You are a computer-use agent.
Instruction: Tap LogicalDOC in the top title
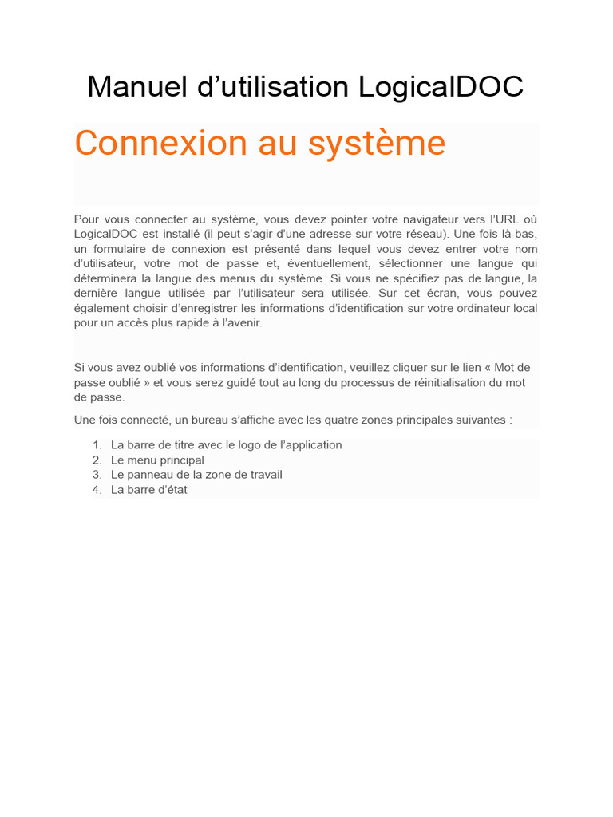[x=441, y=87]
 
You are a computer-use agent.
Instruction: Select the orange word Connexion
[x=161, y=144]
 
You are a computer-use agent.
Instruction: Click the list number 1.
[x=96, y=445]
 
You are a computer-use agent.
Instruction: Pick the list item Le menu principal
[x=157, y=460]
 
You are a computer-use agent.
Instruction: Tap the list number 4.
[x=96, y=490]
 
